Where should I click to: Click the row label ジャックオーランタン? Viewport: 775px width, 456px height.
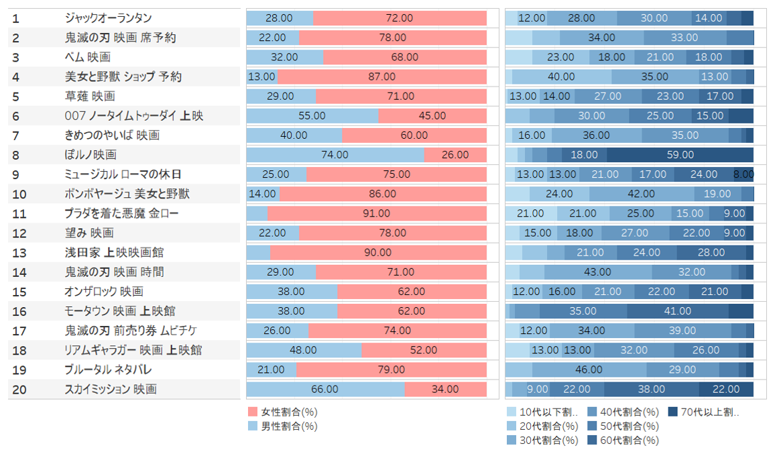click(108, 18)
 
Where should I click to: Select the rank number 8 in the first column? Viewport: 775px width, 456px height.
click(16, 155)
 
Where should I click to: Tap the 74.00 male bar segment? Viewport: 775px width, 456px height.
click(335, 155)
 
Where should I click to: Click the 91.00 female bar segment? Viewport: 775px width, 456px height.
click(377, 213)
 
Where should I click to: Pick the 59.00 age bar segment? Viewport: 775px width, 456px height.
click(680, 155)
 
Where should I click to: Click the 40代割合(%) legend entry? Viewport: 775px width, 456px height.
click(623, 412)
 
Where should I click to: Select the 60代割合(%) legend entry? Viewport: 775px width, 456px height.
click(623, 441)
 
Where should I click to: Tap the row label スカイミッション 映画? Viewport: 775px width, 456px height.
click(111, 389)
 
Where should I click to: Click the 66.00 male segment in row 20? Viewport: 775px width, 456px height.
click(326, 389)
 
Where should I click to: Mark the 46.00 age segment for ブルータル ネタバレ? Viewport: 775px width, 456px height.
click(589, 369)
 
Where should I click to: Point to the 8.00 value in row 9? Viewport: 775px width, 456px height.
click(743, 174)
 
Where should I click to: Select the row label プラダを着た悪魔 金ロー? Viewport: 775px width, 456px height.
click(121, 213)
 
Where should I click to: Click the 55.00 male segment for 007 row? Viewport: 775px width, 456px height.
click(312, 116)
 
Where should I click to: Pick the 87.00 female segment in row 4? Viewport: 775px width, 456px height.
click(382, 77)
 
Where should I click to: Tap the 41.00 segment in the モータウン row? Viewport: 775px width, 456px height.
click(678, 311)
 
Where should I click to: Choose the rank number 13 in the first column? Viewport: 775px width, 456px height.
click(19, 253)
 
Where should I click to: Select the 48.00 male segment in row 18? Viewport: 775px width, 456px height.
click(304, 350)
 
